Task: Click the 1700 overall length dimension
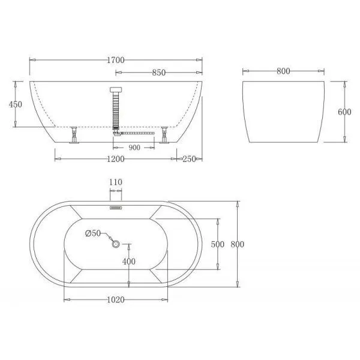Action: (x=116, y=59)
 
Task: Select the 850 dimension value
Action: (x=158, y=73)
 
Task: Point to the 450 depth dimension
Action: (x=16, y=104)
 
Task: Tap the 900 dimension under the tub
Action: (x=134, y=147)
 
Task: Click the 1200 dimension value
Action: (x=116, y=160)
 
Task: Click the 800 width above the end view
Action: (x=283, y=71)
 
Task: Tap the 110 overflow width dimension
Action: (x=116, y=181)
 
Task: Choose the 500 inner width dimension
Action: (x=218, y=245)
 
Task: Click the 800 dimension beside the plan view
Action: (x=238, y=245)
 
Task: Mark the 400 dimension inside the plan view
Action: (x=129, y=262)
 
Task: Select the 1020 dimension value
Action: (x=116, y=299)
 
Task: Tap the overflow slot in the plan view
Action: (x=116, y=209)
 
